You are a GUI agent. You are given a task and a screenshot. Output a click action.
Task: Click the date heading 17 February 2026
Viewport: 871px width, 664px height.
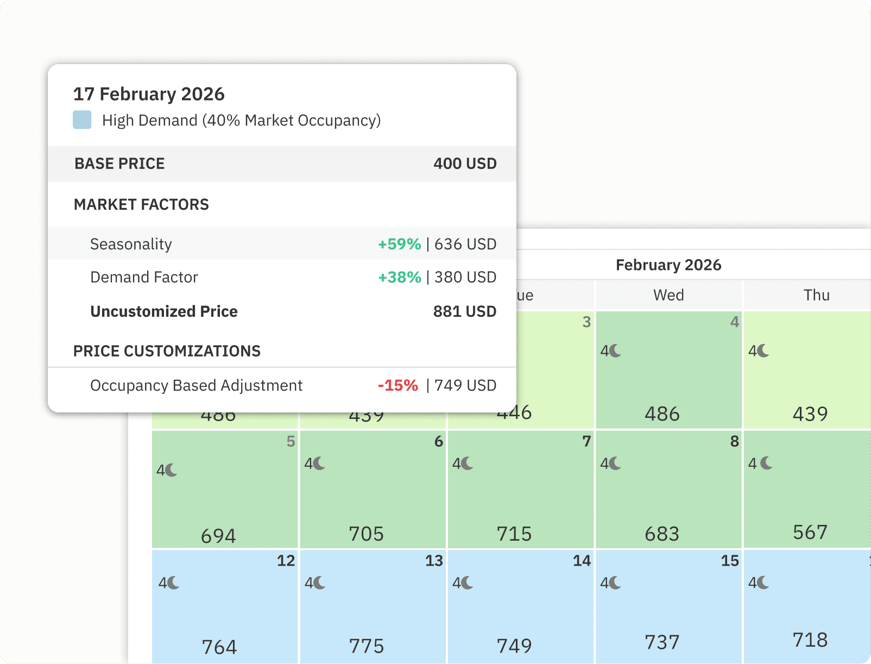149,94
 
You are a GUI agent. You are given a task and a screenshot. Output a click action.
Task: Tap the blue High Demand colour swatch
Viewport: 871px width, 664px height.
82,120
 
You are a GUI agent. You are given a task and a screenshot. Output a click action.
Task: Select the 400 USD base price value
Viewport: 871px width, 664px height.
465,164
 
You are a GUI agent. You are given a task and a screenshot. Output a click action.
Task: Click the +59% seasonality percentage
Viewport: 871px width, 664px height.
400,244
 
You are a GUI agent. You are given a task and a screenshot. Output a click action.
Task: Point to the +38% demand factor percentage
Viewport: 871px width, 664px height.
400,277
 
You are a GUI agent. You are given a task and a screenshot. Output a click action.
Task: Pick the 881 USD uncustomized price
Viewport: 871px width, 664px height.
465,311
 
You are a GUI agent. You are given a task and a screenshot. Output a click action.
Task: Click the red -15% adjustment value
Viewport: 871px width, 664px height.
398,385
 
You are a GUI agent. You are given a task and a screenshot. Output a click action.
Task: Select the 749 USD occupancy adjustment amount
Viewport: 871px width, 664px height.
465,385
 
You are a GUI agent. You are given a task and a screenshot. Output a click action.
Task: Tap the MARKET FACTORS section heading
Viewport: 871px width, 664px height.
141,204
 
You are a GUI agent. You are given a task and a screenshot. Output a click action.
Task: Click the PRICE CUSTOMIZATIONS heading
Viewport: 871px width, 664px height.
167,351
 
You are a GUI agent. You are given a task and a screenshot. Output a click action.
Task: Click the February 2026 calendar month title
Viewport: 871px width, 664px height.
668,265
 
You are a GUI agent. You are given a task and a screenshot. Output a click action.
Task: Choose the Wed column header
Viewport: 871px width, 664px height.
668,295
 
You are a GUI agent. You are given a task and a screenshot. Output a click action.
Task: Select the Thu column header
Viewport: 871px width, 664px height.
816,295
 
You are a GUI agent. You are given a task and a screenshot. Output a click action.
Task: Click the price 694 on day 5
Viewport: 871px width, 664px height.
218,536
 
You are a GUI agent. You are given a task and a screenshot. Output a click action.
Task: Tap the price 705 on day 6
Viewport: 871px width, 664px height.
366,534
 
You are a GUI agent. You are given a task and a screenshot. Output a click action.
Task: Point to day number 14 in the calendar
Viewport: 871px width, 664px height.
582,561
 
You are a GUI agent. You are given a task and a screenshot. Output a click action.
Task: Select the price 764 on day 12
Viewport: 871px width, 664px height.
219,647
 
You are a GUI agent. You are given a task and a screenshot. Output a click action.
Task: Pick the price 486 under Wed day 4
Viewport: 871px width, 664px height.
662,414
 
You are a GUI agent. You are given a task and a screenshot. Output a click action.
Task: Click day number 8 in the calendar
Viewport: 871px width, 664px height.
734,441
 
